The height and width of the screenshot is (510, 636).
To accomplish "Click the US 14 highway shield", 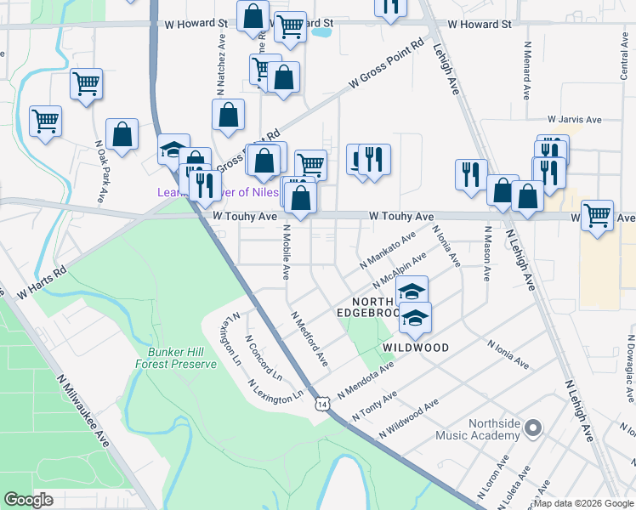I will click(322, 404).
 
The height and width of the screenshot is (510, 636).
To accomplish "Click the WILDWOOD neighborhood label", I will click(415, 348).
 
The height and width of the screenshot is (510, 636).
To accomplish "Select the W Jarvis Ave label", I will click(574, 120).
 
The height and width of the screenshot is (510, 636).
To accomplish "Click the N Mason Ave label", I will click(488, 253).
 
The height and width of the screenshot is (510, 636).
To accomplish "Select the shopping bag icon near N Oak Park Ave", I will click(122, 134).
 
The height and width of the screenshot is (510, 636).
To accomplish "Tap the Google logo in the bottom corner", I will click(29, 500).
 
